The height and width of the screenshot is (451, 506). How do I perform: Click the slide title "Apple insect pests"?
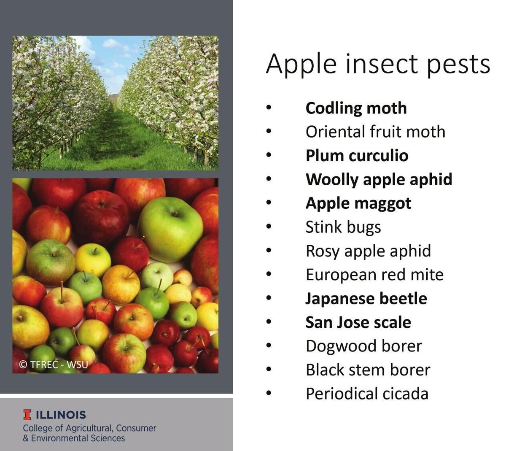[x=378, y=64]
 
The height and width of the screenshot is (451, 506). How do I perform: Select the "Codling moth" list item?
[x=356, y=108]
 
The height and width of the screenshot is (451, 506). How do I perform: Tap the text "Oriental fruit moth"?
[x=375, y=132]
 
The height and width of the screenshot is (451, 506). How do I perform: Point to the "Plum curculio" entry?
[x=357, y=156]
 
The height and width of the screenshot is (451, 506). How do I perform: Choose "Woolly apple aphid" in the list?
[x=379, y=179]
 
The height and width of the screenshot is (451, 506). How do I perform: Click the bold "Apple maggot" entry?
[x=358, y=203]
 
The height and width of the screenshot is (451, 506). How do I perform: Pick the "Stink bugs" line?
[x=343, y=227]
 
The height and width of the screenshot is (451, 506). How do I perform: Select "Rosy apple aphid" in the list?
[x=368, y=251]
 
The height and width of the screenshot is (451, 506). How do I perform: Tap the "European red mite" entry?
[x=374, y=275]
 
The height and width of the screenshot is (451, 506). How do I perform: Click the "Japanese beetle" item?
[x=366, y=299]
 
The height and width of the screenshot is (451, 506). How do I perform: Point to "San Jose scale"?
[x=358, y=322]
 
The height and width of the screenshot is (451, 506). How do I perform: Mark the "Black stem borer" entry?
[x=368, y=370]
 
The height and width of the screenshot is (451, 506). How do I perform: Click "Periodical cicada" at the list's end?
[x=367, y=394]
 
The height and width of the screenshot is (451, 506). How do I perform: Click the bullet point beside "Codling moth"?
[x=269, y=108]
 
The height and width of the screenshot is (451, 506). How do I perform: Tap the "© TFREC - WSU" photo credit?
[x=54, y=365]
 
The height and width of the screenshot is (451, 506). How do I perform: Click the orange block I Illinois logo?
[x=27, y=415]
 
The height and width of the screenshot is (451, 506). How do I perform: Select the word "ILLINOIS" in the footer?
[x=61, y=415]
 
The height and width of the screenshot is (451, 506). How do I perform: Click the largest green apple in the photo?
[x=171, y=228]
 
